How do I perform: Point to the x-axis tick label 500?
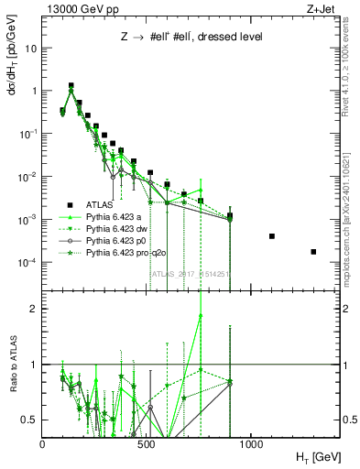pyautogui.click(x=147, y=443)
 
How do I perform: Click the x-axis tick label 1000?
pyautogui.click(x=251, y=443)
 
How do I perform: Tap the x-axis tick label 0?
pyautogui.click(x=43, y=443)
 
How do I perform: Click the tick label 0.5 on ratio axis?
pyautogui.click(x=29, y=420)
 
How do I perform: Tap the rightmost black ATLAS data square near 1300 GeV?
pyautogui.click(x=313, y=252)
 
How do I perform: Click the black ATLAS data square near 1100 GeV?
pyautogui.click(x=272, y=236)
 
